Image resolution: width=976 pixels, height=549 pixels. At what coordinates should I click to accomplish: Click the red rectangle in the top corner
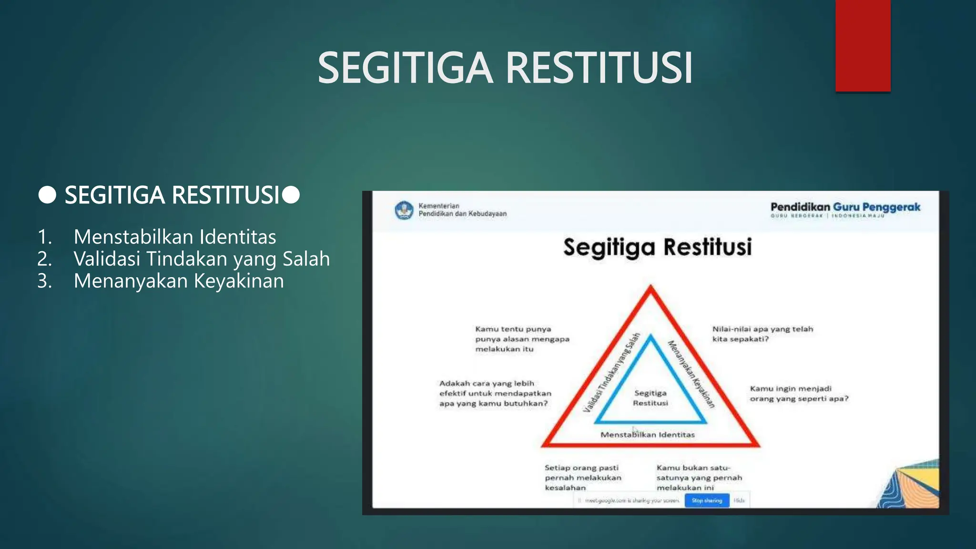coord(863,45)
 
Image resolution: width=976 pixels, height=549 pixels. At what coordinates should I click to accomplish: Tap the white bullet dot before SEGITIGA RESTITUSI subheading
coord(47,195)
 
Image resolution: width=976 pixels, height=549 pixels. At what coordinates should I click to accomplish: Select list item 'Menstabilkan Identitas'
coord(175,237)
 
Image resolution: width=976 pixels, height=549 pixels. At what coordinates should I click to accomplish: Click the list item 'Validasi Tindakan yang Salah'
coord(202,259)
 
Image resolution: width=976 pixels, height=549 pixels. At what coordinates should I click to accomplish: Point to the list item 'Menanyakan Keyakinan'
coord(179,281)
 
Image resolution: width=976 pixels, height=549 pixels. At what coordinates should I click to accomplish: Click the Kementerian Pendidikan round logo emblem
coord(404,210)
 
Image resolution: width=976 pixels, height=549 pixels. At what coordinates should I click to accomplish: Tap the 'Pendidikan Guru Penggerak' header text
coord(845,207)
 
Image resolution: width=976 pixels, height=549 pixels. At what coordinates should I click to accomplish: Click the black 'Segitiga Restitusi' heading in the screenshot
coord(657,247)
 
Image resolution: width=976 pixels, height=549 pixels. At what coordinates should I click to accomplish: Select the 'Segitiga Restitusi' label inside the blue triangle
coord(651,398)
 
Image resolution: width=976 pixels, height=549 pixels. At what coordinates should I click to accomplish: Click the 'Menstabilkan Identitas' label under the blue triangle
coord(648,435)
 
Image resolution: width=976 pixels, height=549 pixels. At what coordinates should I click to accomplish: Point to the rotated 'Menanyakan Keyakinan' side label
coord(691,374)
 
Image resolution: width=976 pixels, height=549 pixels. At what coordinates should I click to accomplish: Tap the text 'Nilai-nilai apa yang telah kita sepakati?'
coord(762,334)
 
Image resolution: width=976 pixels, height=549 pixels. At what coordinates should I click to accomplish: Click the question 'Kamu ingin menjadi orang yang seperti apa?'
coord(799,394)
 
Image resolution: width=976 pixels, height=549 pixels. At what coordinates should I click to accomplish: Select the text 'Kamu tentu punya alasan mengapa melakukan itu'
coord(522,339)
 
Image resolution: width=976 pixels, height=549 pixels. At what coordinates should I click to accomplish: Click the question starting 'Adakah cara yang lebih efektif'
coord(495,394)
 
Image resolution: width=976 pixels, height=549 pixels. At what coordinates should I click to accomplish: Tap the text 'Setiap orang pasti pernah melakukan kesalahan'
coord(583,478)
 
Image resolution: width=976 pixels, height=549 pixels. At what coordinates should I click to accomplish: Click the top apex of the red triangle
coord(651,287)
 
